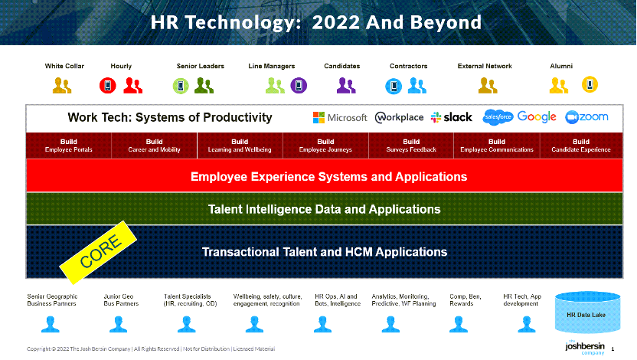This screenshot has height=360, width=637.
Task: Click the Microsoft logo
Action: (x=340, y=117)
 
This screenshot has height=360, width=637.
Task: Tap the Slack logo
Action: (x=452, y=117)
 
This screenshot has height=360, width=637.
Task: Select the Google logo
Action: (x=537, y=117)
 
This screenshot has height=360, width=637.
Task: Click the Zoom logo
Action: (x=586, y=117)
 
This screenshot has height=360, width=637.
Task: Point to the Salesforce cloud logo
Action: (x=498, y=117)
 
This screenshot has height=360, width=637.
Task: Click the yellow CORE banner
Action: (x=98, y=252)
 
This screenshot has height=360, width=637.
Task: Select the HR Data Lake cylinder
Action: (x=587, y=313)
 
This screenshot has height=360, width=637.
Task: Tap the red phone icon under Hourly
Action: (x=108, y=86)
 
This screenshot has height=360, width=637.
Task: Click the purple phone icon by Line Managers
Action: (x=299, y=86)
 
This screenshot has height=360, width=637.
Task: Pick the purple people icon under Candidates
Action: (x=346, y=86)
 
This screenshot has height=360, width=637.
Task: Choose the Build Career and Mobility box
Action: (x=155, y=146)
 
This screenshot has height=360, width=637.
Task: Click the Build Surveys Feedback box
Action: (x=411, y=146)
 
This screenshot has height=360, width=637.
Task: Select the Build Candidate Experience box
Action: (x=581, y=146)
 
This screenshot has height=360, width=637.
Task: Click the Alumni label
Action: (x=561, y=66)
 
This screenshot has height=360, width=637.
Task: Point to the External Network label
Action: (x=485, y=66)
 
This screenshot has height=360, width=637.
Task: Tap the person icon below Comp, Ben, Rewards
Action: (x=459, y=325)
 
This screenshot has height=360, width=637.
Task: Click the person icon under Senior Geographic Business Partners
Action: (x=51, y=325)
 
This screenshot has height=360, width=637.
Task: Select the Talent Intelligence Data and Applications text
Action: (x=324, y=209)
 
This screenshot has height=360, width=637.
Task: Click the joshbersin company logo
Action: (x=585, y=347)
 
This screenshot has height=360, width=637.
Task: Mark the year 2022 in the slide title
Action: (x=335, y=22)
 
